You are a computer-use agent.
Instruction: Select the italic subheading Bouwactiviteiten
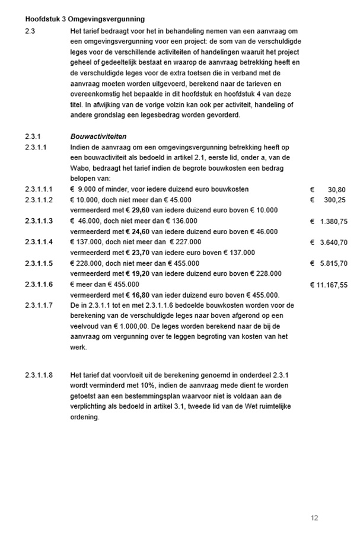[98, 136]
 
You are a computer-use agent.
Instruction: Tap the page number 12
[314, 518]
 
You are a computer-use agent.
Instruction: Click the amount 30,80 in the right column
[337, 190]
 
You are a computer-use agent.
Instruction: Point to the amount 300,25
[335, 200]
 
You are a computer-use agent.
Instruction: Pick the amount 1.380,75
[333, 221]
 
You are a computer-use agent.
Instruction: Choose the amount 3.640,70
[333, 243]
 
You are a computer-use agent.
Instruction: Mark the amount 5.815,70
[333, 263]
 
